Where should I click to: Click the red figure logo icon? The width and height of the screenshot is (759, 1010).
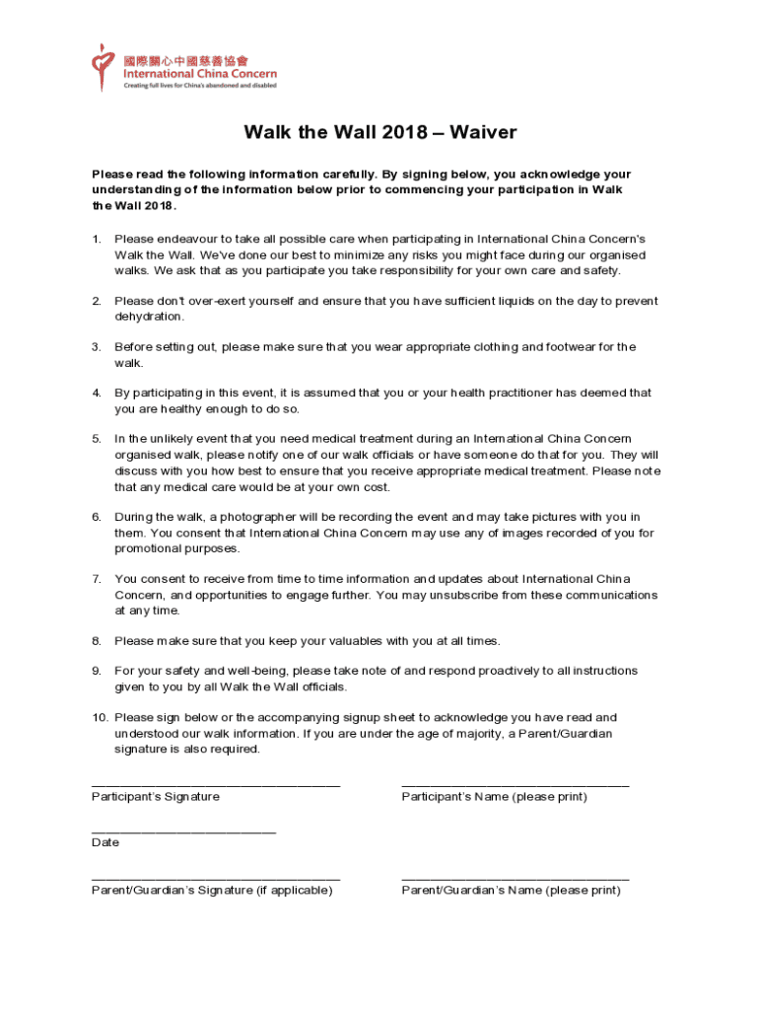102,65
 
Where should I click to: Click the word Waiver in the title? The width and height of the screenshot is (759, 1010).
483,133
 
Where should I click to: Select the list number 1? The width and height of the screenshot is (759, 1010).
96,239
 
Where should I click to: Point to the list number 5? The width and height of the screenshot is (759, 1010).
96,438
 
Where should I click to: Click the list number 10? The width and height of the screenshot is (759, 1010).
99,717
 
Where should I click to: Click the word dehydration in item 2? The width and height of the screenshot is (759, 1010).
150,317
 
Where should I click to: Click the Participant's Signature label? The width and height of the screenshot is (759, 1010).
156,796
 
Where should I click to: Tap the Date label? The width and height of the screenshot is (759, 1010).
105,842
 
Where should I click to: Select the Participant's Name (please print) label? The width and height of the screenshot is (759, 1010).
494,796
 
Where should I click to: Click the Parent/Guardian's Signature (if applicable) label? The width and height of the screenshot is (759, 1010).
212,890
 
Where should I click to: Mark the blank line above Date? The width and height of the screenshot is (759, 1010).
183,831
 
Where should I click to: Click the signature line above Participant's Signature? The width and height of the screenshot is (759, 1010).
216,785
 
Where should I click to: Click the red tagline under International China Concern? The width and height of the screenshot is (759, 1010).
199,86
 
